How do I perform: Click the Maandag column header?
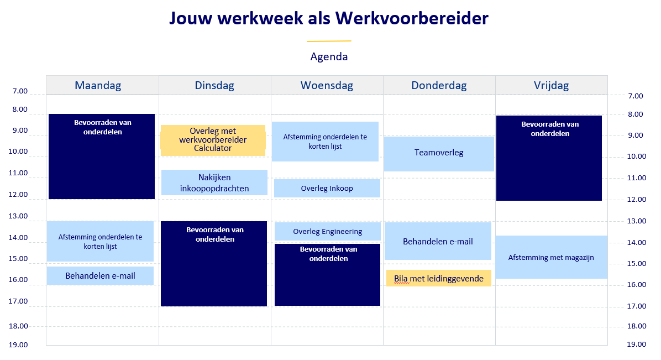(98, 85)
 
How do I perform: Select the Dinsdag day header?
(214, 85)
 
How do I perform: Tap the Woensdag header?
(327, 85)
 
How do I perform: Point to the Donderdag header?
(439, 85)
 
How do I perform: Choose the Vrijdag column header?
(552, 85)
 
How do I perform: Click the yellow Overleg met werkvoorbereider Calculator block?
(213, 140)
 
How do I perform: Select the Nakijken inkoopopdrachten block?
(214, 182)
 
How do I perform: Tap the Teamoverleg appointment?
(439, 154)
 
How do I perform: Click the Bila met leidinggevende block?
(439, 279)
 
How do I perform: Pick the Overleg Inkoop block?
(327, 188)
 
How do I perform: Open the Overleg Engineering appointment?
(328, 231)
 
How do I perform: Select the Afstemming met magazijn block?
(552, 257)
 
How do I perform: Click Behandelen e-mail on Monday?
(101, 275)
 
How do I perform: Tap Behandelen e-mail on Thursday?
(438, 241)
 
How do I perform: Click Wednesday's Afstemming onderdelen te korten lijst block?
(325, 142)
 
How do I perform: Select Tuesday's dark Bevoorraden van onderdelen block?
(214, 264)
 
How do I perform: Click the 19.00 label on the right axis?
(637, 345)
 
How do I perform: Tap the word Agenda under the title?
(329, 56)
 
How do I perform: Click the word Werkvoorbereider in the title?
(412, 18)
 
